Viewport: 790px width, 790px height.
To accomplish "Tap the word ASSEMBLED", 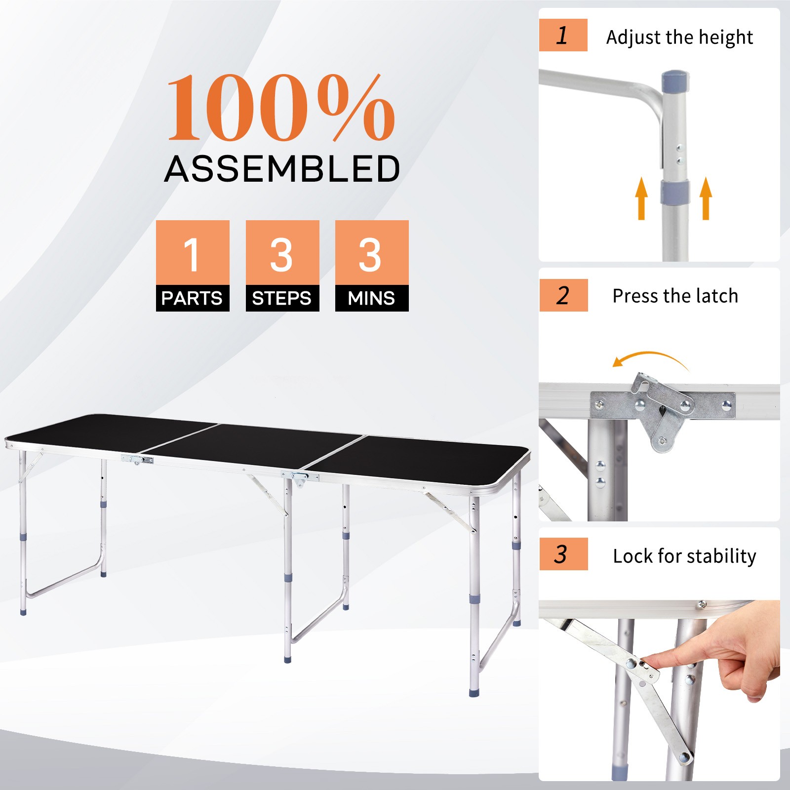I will coord(282,169).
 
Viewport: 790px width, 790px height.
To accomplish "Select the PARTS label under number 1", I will coord(192,298).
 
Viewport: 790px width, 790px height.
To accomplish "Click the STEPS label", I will coord(282,298).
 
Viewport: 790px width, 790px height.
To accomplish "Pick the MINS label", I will coord(371,298).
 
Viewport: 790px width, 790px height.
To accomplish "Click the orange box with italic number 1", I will coord(563,35).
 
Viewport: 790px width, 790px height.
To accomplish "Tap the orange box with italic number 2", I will coord(563,295).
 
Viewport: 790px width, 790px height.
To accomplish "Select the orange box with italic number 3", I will coord(563,554).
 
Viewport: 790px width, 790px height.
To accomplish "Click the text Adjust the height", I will coord(679,38).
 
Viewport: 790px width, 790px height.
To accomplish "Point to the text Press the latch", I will coord(675,296).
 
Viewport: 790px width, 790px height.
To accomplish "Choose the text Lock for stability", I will coord(684,556).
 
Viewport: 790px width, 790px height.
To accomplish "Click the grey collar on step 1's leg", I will coord(675,192).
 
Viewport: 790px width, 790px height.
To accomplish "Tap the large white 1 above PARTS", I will coord(192,255).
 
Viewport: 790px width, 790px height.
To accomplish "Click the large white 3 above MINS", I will coord(371,255).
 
